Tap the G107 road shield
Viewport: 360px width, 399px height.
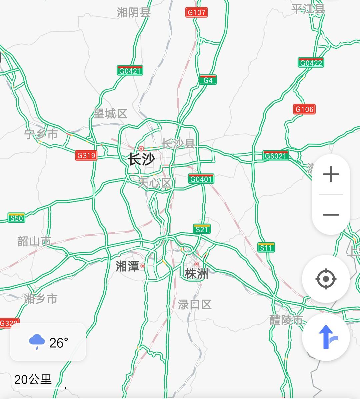coord(196,12)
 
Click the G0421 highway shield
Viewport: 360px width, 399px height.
coord(130,71)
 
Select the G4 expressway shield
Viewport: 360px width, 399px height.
coord(208,80)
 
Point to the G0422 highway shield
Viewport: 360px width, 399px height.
coord(311,63)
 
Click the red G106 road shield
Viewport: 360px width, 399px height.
coord(304,109)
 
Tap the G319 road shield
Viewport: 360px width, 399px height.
coord(86,155)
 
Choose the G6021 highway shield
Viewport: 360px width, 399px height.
coord(275,155)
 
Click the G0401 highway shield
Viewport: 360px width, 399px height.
coord(201,179)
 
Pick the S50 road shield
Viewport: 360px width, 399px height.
coord(16,218)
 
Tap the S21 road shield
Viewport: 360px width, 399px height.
coord(202,229)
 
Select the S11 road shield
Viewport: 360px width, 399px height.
coord(266,248)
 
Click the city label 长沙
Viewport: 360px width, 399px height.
coord(142,159)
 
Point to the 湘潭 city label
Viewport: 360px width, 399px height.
coord(127,266)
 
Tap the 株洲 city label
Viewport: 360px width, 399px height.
coord(196,274)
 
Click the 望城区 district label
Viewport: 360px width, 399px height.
coord(110,114)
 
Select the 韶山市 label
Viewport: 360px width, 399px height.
coord(34,241)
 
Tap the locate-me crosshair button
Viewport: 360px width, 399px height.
coord(326,279)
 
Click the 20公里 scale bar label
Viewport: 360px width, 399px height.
coord(33,379)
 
